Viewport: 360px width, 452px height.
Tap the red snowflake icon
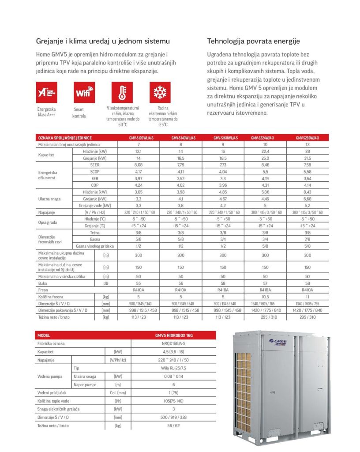pyautogui.click(x=160, y=92)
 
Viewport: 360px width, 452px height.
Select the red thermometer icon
pyautogui.click(x=122, y=92)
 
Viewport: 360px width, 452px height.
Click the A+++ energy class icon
pyautogui.click(x=47, y=92)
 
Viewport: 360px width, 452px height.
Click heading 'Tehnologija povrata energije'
pyautogui.click(x=253, y=41)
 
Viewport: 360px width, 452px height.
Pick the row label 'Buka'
pyautogui.click(x=43, y=283)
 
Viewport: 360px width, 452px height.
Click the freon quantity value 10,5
pyautogui.click(x=266, y=297)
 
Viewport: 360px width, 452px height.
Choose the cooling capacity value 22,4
pyautogui.click(x=266, y=151)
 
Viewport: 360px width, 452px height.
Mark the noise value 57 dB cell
pyautogui.click(x=266, y=283)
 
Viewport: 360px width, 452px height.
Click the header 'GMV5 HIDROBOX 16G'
pyautogui.click(x=174, y=335)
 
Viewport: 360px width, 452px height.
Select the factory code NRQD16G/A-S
pyautogui.click(x=174, y=343)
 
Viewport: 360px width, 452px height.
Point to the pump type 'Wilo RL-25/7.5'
pyautogui.click(x=174, y=367)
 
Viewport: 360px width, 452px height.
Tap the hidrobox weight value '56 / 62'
pyautogui.click(x=174, y=426)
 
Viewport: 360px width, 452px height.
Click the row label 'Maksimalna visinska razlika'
pyautogui.click(x=62, y=276)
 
